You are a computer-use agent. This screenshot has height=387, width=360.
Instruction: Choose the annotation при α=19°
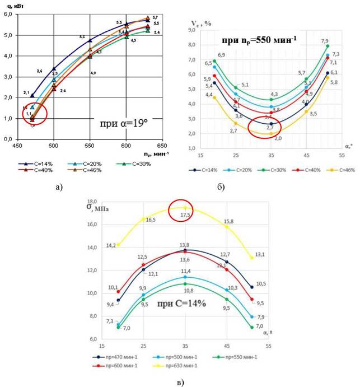pos(124,125)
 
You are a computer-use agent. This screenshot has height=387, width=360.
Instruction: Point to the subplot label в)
pos(179,382)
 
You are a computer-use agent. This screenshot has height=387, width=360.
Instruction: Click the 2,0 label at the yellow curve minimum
pos(278,138)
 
